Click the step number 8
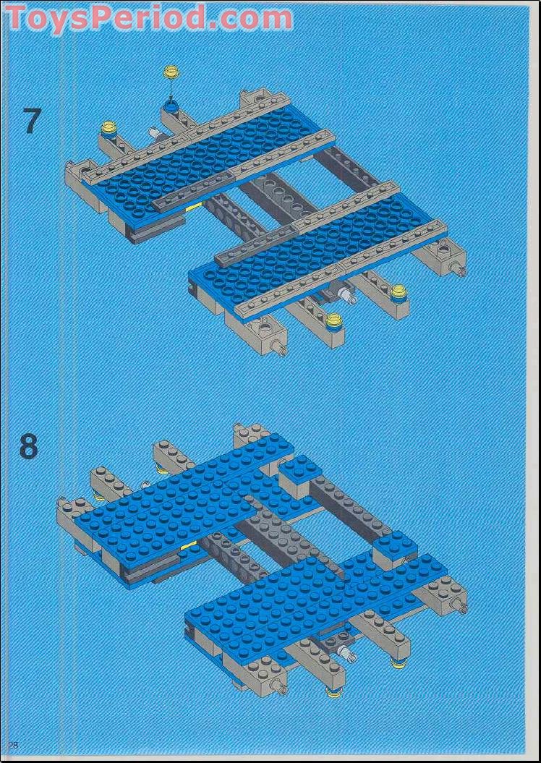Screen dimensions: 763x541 pos(28,447)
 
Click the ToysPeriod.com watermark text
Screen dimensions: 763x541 pos(148,17)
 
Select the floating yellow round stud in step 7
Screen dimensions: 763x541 pos(171,72)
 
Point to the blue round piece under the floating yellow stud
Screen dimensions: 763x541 pos(171,108)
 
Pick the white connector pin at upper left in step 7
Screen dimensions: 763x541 pos(154,133)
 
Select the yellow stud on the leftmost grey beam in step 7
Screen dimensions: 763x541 pos(109,129)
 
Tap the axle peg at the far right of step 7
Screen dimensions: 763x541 pos(458,272)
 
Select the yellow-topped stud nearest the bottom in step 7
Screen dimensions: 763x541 pos(333,320)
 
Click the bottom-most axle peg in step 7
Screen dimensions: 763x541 pos(281,350)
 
